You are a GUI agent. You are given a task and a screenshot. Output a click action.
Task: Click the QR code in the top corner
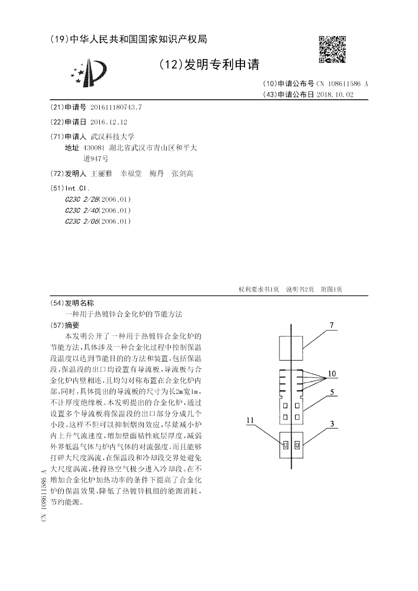tap(332, 50)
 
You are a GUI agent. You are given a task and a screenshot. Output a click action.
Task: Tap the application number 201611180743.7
tap(116, 107)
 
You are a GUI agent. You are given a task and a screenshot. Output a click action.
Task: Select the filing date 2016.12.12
tap(109, 122)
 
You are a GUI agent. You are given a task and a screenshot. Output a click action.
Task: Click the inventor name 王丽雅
tap(101, 173)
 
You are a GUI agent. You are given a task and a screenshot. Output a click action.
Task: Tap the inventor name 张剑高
tap(182, 173)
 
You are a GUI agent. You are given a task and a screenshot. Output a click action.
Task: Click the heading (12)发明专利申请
tap(208, 64)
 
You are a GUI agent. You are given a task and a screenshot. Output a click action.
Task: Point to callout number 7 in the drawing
tap(331, 325)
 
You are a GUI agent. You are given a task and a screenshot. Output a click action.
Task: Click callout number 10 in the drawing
tap(332, 374)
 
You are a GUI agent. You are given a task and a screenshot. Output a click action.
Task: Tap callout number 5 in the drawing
tap(331, 391)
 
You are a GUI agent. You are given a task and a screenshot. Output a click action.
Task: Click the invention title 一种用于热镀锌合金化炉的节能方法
tap(123, 314)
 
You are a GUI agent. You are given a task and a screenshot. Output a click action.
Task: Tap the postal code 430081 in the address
tap(97, 148)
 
